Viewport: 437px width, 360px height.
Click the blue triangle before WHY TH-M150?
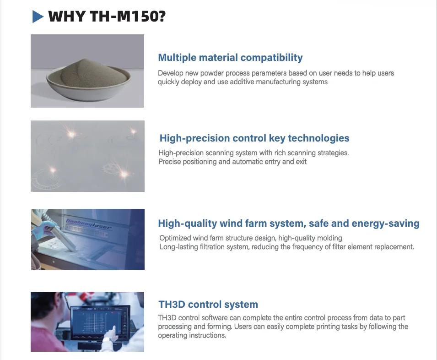click(38, 17)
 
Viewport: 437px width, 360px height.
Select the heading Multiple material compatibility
click(230, 58)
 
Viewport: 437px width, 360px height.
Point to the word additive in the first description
click(254, 82)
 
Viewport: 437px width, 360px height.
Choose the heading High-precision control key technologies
click(254, 138)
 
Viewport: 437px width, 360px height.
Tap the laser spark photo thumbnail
click(87, 156)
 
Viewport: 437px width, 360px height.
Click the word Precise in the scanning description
click(170, 162)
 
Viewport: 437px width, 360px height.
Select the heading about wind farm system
click(288, 224)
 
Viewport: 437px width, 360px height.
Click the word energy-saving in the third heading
click(385, 224)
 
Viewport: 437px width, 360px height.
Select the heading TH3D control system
click(208, 305)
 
